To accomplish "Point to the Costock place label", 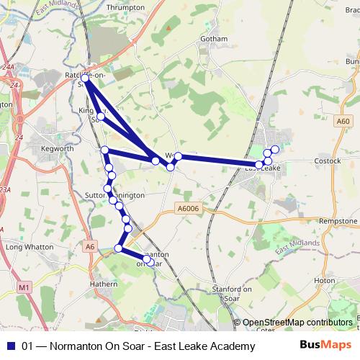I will tap(328, 161).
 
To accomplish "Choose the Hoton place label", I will tap(325, 280).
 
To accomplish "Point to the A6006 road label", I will tap(188, 209).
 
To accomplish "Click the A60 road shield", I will tap(343, 122).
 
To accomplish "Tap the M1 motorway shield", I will tap(26, 287).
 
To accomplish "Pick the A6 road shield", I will tap(89, 246).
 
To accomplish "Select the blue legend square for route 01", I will tap(10, 346).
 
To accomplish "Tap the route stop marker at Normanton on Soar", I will tap(146, 258).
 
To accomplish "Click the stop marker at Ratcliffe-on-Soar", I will tap(86, 78).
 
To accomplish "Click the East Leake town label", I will tap(262, 168).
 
